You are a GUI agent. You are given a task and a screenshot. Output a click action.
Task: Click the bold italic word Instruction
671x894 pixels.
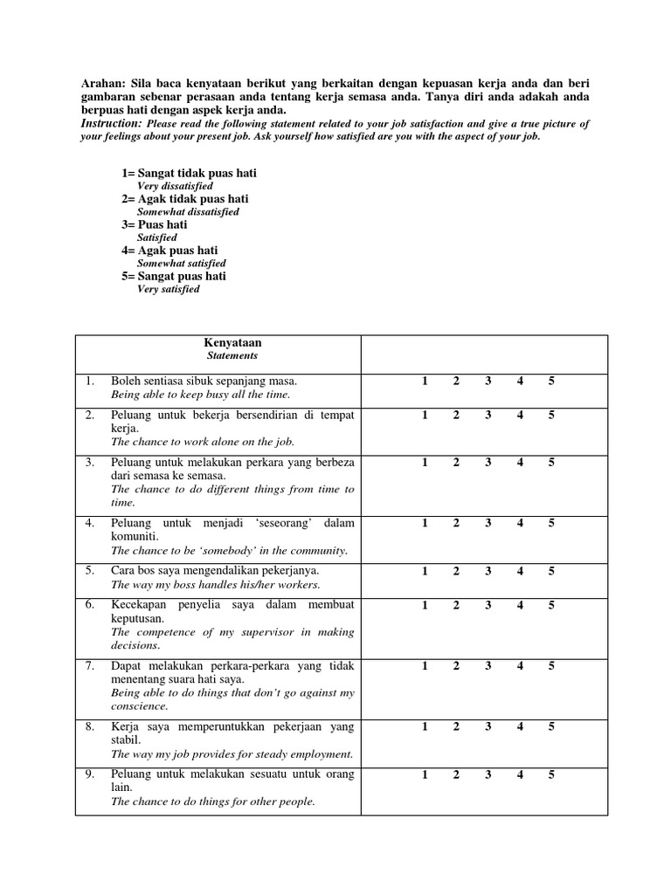[x=111, y=125]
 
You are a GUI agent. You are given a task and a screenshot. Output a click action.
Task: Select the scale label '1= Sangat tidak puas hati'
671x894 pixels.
[x=189, y=174]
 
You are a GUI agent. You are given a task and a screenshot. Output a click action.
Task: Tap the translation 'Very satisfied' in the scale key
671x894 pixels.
[x=169, y=289]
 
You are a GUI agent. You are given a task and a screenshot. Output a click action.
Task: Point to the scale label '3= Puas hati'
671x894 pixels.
[x=155, y=224]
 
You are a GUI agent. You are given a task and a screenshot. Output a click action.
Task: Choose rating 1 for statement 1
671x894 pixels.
[x=425, y=381]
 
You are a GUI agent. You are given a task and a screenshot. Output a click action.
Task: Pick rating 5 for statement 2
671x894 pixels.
[x=551, y=415]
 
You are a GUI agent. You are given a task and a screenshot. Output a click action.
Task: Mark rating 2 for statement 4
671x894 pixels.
[x=456, y=523]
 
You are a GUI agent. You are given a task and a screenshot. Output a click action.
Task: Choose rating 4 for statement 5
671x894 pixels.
[x=520, y=571]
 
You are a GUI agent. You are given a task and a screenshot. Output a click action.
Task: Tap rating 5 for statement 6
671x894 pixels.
[x=551, y=605]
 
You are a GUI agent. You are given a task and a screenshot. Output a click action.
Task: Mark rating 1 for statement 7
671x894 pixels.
[x=425, y=665]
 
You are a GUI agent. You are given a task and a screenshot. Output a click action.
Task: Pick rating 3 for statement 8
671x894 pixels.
[x=488, y=726]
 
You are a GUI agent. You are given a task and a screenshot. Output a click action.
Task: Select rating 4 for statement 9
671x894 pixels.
[x=520, y=774]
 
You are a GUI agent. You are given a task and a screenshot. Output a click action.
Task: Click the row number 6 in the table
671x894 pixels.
[x=90, y=605]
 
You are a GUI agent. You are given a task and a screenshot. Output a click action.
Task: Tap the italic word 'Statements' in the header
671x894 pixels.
[x=232, y=356]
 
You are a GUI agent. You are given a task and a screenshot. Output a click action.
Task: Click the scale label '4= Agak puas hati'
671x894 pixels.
[x=169, y=250]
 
